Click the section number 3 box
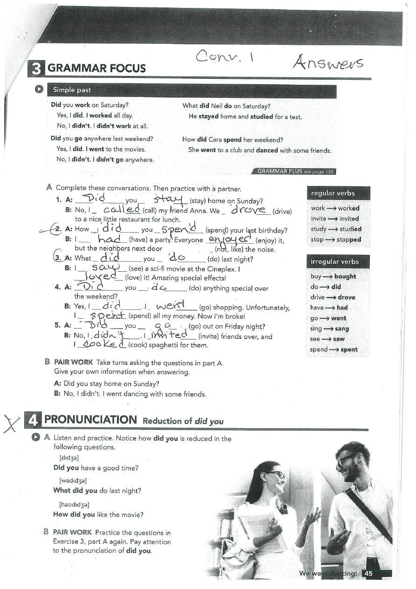point(35,68)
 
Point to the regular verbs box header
point(333,193)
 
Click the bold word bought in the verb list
point(345,276)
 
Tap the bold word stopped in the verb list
point(349,240)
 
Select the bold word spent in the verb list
point(349,349)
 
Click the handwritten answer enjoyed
point(229,240)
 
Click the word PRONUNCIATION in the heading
point(90,419)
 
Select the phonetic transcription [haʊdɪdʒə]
point(74,504)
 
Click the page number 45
point(368,574)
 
